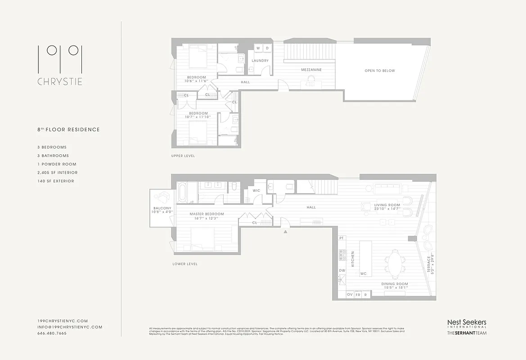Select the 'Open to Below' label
point(379,71)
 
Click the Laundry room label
point(260,61)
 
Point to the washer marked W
point(258,48)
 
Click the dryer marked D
point(266,48)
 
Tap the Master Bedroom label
point(207,214)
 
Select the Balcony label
point(161,208)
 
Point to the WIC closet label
point(256,191)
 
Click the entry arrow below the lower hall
point(285,232)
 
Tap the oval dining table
point(395,261)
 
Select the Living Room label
point(387,205)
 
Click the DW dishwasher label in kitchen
point(342,270)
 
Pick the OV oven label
point(350,294)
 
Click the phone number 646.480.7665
point(52,333)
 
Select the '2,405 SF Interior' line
point(57,172)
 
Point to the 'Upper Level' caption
point(183,156)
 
